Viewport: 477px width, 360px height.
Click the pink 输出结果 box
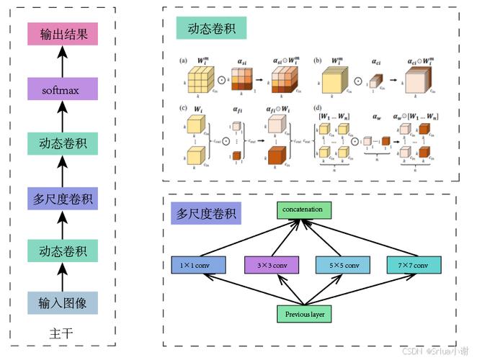pos(61,35)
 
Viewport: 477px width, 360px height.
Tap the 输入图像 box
pos(61,302)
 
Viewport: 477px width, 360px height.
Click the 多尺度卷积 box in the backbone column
pos(61,199)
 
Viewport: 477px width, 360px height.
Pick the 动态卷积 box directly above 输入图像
pos(61,251)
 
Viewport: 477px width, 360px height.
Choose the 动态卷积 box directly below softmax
pos(61,143)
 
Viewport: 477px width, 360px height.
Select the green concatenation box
pos(308,210)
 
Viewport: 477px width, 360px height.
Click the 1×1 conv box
pos(198,266)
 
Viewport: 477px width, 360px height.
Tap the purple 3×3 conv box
pos(271,266)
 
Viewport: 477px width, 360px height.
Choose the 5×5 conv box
pos(344,266)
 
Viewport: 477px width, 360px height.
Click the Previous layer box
pos(308,314)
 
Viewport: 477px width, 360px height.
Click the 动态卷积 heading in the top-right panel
pos(212,29)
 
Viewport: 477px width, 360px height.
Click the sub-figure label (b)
pos(318,62)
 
